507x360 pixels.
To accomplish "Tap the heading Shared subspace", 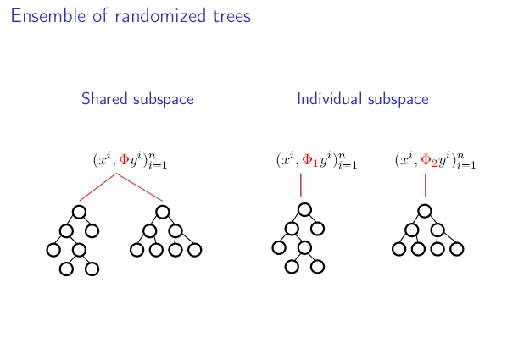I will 137,99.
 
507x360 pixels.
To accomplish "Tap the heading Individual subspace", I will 363,99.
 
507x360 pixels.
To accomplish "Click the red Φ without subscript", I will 125,159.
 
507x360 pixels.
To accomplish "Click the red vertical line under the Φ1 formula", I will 301,185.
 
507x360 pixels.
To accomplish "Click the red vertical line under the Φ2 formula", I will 425,185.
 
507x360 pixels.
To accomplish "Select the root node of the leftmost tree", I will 79,212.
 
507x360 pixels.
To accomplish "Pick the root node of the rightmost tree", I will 425,211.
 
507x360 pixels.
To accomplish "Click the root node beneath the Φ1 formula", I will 304,209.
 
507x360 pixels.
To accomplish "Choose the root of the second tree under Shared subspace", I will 163,212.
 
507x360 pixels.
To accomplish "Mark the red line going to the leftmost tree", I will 97,187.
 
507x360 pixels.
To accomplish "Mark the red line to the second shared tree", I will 139,187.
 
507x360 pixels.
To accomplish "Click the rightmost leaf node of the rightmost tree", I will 457,249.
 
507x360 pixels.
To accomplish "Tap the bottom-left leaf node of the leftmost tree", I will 65,269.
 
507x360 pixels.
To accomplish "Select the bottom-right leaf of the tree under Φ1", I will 318,267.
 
